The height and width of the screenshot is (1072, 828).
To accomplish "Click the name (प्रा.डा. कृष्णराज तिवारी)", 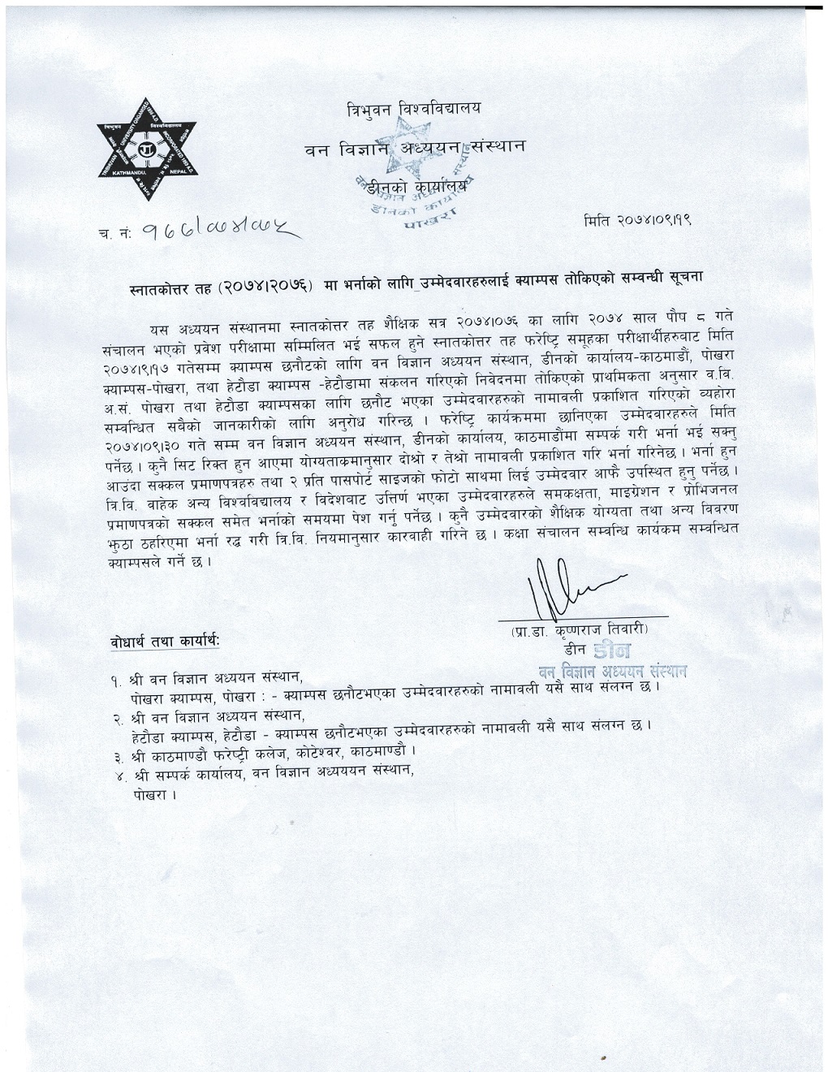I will [580, 630].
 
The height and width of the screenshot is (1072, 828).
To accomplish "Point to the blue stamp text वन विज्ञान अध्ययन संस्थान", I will [613, 671].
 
